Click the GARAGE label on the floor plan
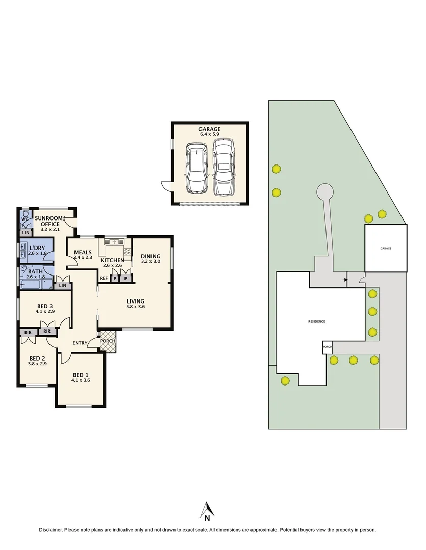pos(210,129)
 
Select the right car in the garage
pos(223,168)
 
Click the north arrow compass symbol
pos(207,511)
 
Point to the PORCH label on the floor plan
pos(108,341)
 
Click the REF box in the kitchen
pos(104,278)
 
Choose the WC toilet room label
pos(23,220)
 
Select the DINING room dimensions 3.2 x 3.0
pos(151,262)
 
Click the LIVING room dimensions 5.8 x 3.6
pos(136,307)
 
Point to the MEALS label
pos(83,252)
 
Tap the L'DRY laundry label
pos(37,247)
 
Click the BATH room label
pos(35,271)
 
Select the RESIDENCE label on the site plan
pos(316,321)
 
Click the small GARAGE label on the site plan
pos(386,248)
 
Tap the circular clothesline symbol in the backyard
pos(323,191)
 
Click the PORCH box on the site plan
pos(327,348)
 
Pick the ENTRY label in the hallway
pos(80,343)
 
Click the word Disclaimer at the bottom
pos(51,530)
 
